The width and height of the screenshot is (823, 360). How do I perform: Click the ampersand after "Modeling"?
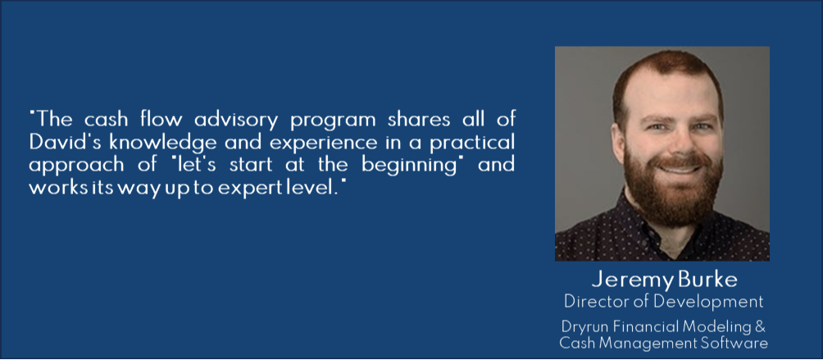pyautogui.click(x=761, y=326)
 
